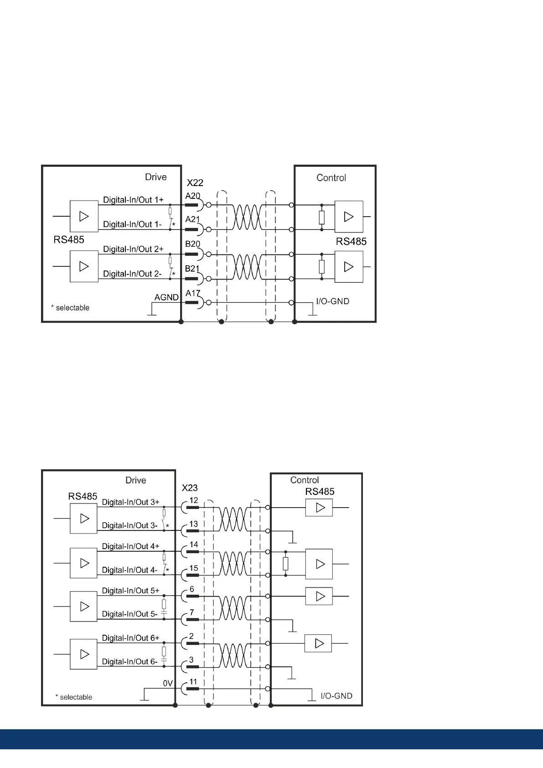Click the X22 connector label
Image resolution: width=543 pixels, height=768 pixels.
195,183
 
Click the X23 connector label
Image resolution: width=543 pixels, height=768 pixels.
190,488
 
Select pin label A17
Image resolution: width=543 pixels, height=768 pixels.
192,293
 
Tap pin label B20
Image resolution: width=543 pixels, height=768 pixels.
192,244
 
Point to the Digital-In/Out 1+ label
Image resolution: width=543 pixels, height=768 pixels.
133,200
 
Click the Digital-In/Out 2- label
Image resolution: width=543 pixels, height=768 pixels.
132,274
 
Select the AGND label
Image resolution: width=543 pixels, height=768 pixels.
166,297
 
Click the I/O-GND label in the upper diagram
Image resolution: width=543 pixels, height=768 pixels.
332,301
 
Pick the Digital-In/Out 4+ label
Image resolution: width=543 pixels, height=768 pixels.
130,546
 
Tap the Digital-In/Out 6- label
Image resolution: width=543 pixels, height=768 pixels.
129,662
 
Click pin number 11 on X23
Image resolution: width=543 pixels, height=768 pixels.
193,682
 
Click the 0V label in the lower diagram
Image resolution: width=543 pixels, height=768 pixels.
168,684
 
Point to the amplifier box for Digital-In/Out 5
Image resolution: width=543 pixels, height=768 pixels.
84,607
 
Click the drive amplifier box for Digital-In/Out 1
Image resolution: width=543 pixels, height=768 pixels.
84,216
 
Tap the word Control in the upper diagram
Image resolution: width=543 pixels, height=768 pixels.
331,178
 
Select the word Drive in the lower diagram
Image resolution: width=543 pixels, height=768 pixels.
135,480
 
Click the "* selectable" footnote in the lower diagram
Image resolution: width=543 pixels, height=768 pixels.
74,697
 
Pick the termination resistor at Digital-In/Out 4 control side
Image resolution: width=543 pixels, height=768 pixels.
285,564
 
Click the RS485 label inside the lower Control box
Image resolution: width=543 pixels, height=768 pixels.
320,492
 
